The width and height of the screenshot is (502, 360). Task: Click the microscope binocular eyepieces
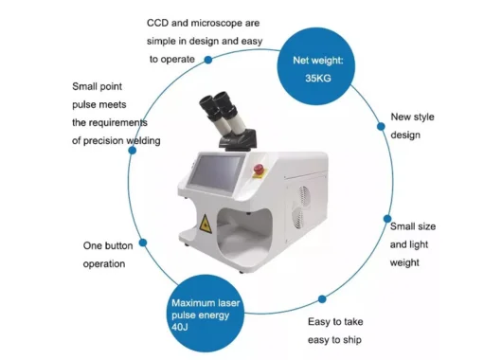tap(222, 113)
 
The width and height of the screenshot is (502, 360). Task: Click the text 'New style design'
tap(412, 126)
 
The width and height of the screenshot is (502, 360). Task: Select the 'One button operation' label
tap(104, 254)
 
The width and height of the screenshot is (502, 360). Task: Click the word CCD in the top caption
tap(158, 23)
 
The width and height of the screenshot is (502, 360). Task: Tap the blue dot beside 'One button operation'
tap(142, 243)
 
